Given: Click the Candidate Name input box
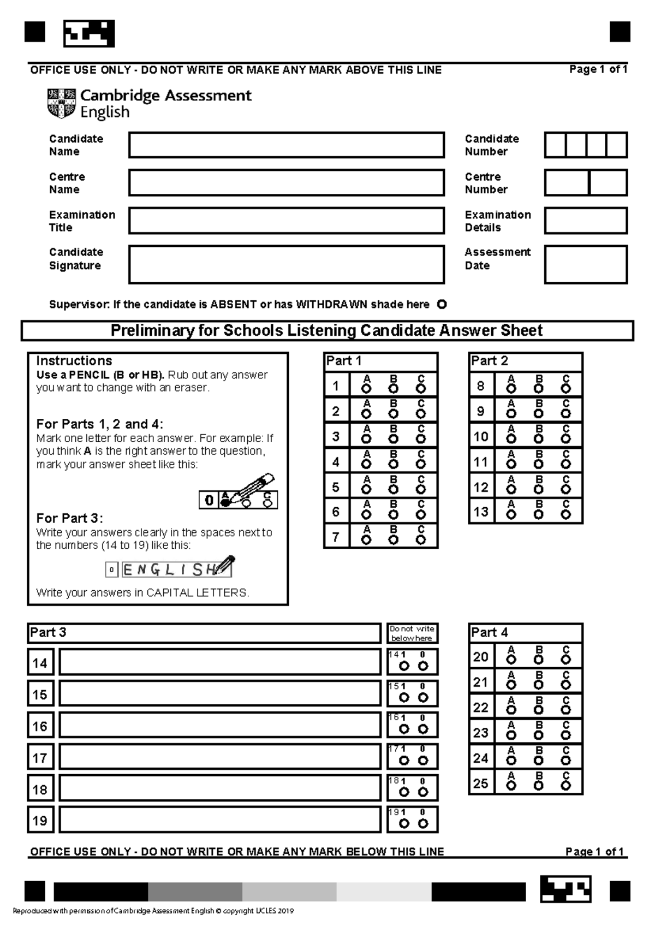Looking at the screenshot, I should pyautogui.click(x=287, y=145).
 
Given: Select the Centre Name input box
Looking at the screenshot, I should pyautogui.click(x=287, y=183).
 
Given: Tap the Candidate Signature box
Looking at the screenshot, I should pyautogui.click(x=287, y=265).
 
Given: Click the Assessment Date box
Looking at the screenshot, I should pyautogui.click(x=586, y=265).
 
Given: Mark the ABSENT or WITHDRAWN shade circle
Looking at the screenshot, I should pyautogui.click(x=442, y=305).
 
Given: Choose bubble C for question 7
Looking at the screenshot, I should pyautogui.click(x=420, y=540).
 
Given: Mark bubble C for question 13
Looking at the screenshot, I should pyautogui.click(x=566, y=515).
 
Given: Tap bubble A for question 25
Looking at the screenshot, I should pyautogui.click(x=511, y=786).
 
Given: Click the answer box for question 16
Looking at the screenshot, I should pyautogui.click(x=220, y=726).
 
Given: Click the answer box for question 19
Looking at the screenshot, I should pyautogui.click(x=220, y=820).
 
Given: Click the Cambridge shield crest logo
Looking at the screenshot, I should pyautogui.click(x=61, y=104).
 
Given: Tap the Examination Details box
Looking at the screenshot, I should pyautogui.click(x=586, y=221).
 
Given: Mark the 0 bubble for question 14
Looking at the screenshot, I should pyautogui.click(x=423, y=666).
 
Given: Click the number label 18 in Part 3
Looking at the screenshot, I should pyautogui.click(x=40, y=790).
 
